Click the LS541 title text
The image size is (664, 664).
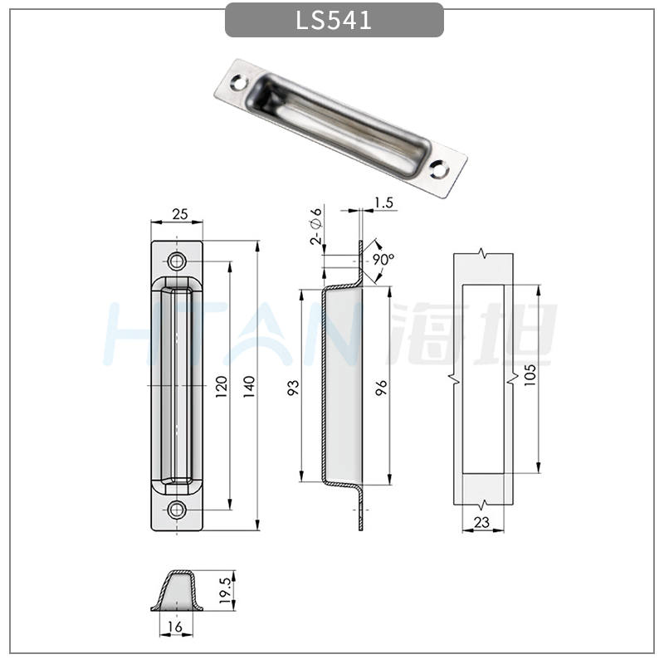tap(334, 20)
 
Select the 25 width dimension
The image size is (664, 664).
tap(180, 214)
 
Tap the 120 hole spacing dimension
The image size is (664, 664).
tap(222, 386)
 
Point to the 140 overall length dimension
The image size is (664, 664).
tap(249, 386)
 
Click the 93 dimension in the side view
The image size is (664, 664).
tap(293, 388)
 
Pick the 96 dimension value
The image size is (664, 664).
tap(381, 388)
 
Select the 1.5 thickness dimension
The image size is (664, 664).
tap(383, 203)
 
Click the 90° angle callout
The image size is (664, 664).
tap(383, 258)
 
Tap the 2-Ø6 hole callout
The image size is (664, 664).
tap(316, 227)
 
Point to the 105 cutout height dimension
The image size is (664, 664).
tap(530, 375)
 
